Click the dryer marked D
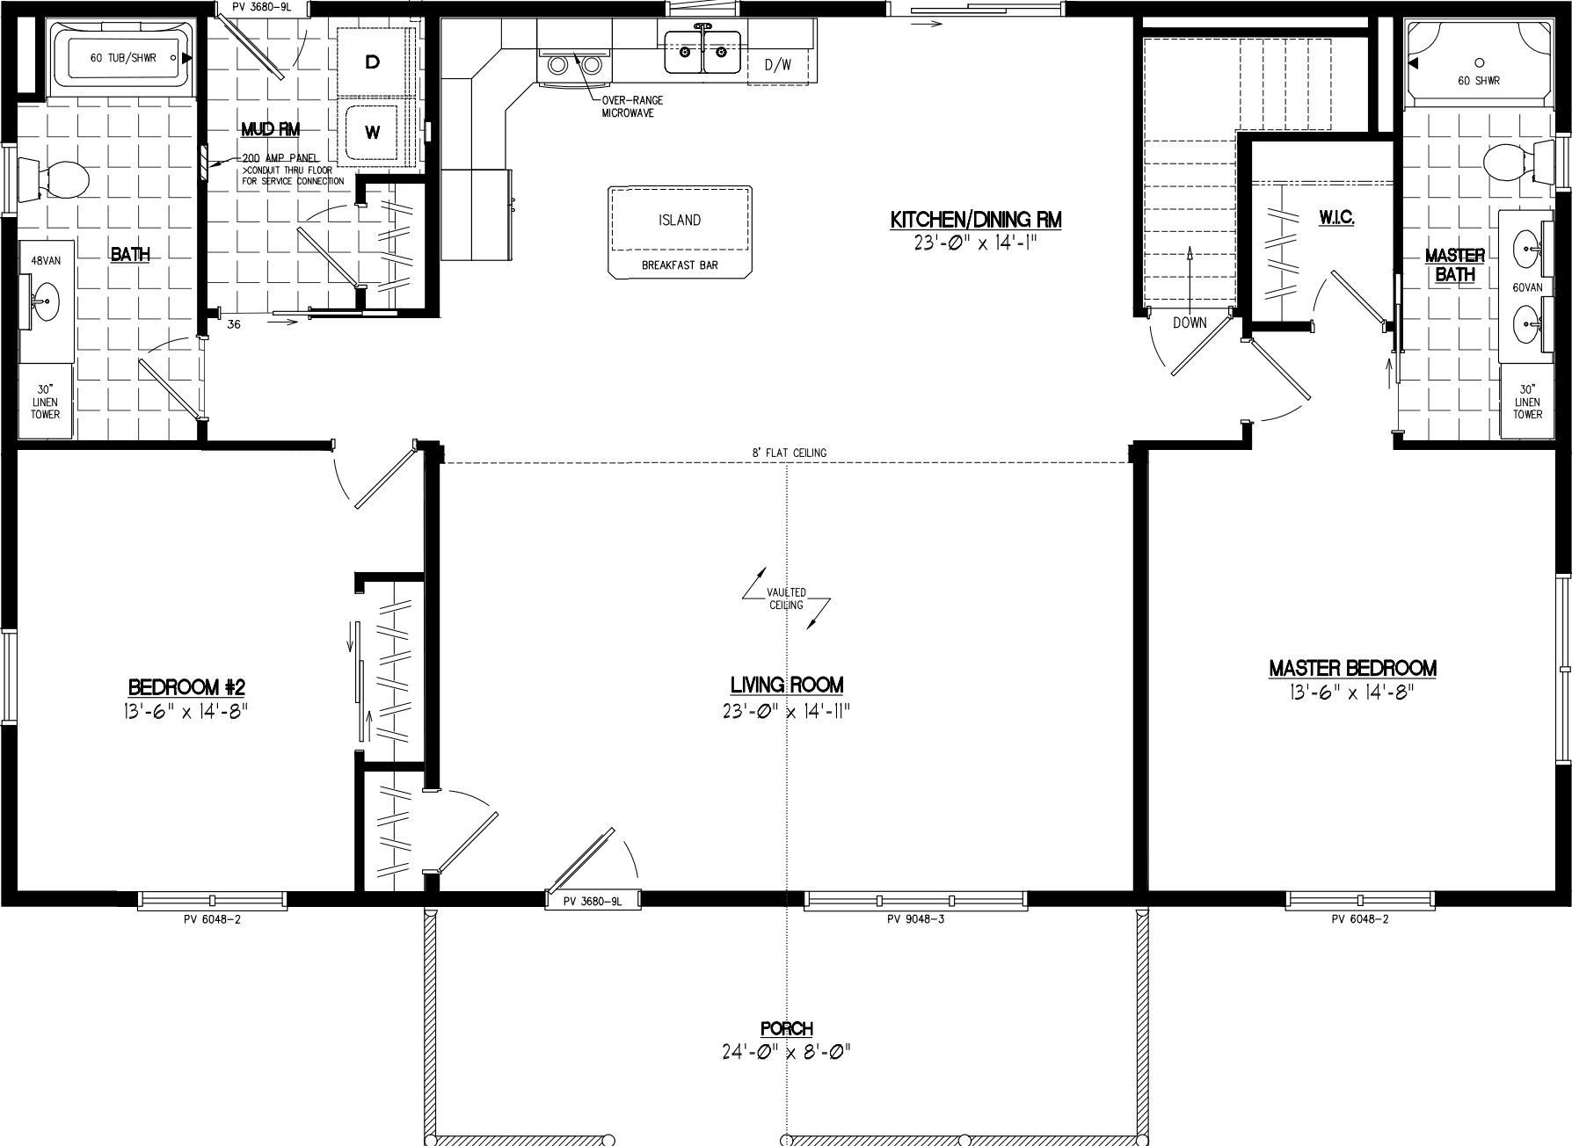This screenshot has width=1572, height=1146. pyautogui.click(x=373, y=62)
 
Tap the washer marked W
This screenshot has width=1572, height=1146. pyautogui.click(x=373, y=133)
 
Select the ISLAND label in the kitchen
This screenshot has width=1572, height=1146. pyautogui.click(x=680, y=221)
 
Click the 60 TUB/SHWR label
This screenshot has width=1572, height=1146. pyautogui.click(x=122, y=58)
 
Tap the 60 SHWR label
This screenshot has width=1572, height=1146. pyautogui.click(x=1478, y=81)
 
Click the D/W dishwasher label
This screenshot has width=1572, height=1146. pyautogui.click(x=777, y=64)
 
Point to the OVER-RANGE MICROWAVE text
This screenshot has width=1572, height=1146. pyautogui.click(x=632, y=106)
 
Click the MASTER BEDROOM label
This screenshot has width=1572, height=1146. pyautogui.click(x=1352, y=669)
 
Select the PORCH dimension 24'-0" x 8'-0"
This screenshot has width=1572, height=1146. pyautogui.click(x=787, y=1050)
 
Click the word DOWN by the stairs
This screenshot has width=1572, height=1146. pyautogui.click(x=1190, y=323)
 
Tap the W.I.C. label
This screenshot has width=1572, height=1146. pyautogui.click(x=1335, y=217)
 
